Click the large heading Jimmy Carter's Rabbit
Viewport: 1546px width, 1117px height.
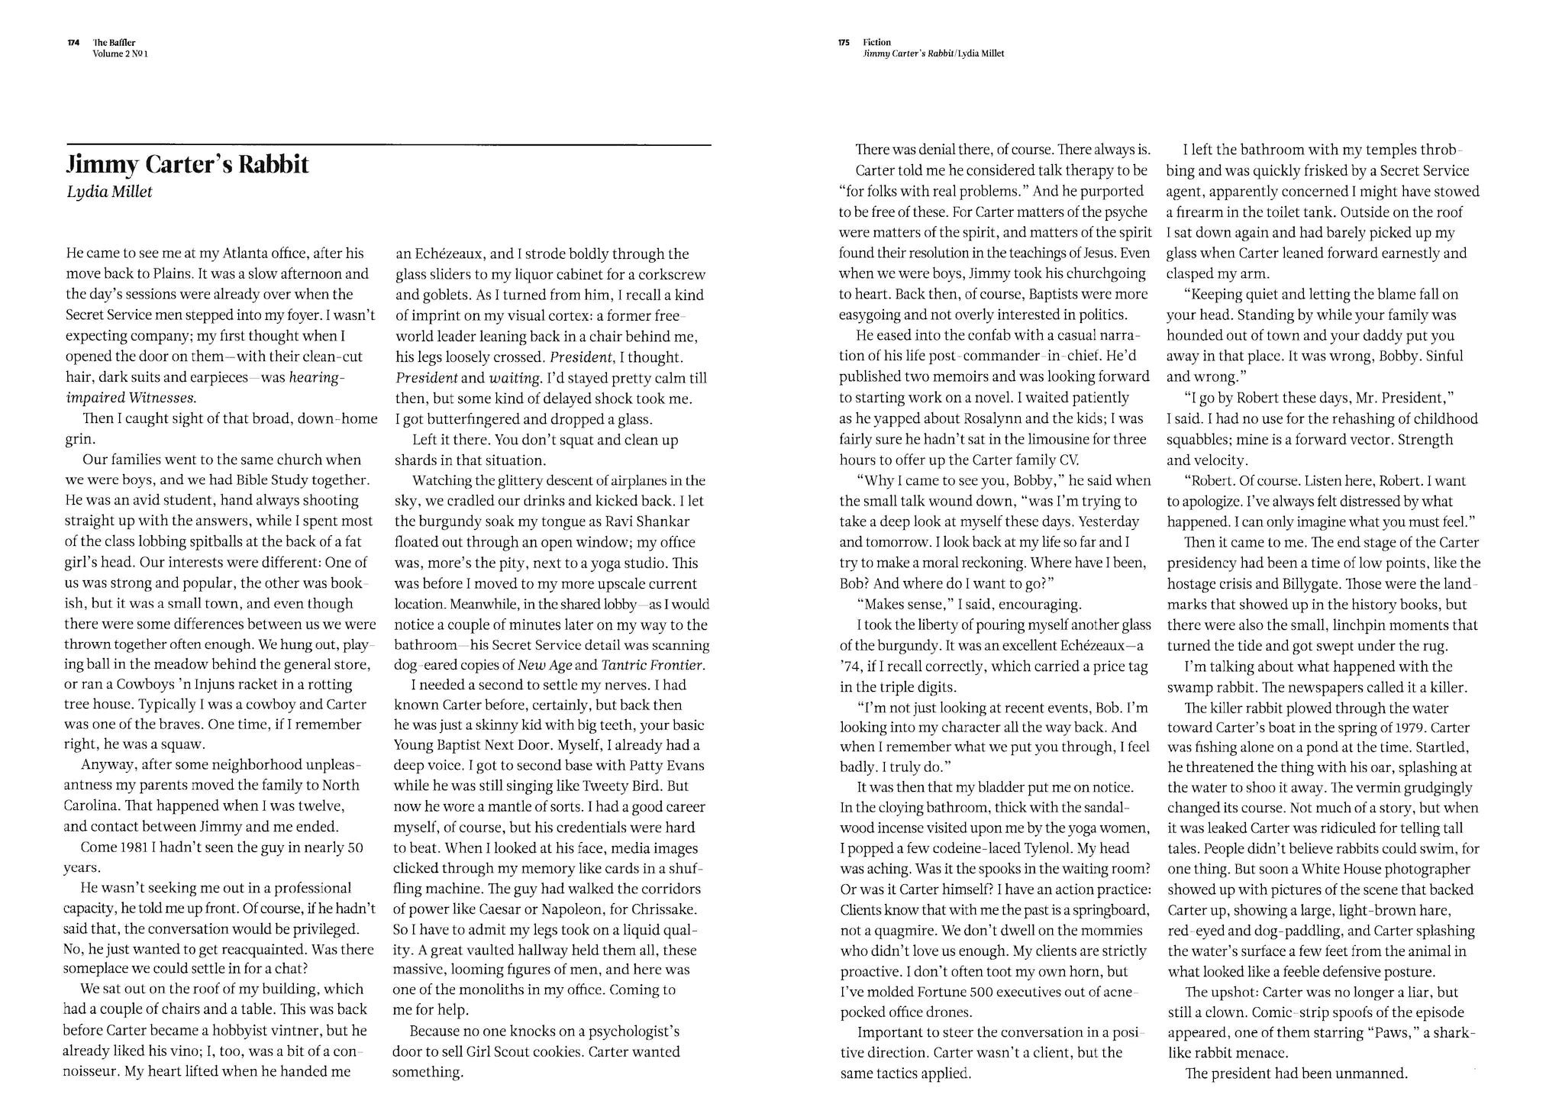coord(188,164)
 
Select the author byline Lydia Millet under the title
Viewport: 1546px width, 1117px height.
coord(109,192)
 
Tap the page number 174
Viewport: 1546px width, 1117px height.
coord(74,43)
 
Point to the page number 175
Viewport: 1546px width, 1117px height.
coord(844,43)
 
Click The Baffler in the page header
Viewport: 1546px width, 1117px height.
coord(115,43)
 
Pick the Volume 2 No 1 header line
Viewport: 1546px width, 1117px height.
coord(120,53)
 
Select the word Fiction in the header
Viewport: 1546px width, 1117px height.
coord(876,43)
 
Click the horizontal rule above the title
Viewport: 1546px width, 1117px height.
coord(389,144)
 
